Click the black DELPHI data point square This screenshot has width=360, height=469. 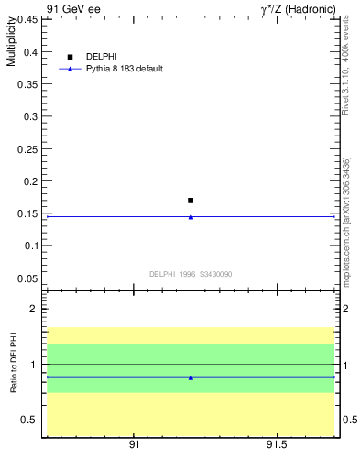(x=191, y=200)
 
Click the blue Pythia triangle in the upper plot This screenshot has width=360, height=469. (x=191, y=216)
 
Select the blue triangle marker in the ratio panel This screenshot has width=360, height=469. (x=191, y=377)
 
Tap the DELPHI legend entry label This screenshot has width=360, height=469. (x=101, y=57)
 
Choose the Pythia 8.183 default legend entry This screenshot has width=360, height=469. (x=124, y=69)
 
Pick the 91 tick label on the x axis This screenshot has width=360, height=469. (x=134, y=445)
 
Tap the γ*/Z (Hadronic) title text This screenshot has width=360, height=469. (x=299, y=8)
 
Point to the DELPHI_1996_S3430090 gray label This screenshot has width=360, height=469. (x=191, y=274)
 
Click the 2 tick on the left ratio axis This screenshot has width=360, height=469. (x=33, y=309)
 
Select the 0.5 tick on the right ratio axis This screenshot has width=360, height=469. (x=349, y=420)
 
